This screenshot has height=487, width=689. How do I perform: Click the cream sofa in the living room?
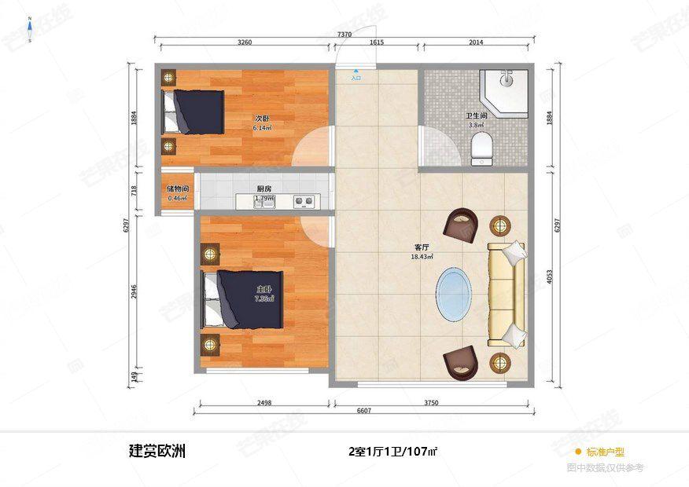506,295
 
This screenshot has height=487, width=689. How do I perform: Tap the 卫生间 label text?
477,115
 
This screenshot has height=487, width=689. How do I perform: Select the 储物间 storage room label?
177,189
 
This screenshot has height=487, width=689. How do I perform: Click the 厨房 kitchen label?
264,189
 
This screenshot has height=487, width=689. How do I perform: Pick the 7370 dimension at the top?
344,35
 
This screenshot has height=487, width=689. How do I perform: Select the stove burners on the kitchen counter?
304,201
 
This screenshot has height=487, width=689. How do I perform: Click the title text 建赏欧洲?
157,452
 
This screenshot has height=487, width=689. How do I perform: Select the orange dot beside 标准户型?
578,452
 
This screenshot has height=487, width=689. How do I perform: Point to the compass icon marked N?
30,30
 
